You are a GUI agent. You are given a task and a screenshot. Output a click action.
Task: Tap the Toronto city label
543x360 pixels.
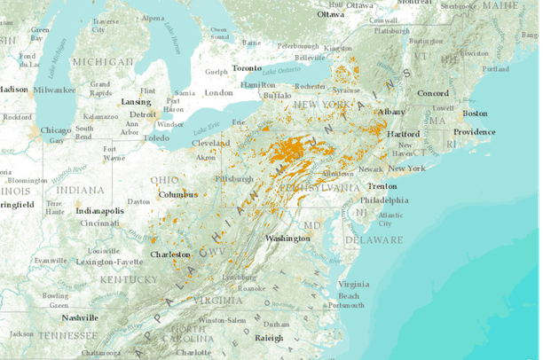tap(247, 68)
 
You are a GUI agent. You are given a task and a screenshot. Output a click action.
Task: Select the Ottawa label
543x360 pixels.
tap(330, 14)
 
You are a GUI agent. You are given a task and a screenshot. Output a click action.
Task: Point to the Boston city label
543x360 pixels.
tap(476, 113)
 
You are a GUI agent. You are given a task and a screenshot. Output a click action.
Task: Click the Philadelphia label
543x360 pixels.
tap(384, 200)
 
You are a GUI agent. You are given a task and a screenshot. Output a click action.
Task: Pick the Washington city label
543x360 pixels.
tap(287, 239)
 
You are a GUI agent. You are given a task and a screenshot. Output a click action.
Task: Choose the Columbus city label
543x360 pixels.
tap(177, 194)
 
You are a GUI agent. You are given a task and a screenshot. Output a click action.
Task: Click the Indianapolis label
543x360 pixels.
tap(100, 211)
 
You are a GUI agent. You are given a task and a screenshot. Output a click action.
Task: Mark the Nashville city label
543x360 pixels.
tap(80, 317)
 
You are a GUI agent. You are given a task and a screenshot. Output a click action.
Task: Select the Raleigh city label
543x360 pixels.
tap(269, 338)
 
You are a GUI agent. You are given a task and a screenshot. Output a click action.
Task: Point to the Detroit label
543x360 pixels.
tap(143, 114)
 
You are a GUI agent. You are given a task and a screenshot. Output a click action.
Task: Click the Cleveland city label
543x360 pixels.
tap(211, 143)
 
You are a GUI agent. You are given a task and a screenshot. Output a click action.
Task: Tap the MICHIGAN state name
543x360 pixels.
tap(103, 62)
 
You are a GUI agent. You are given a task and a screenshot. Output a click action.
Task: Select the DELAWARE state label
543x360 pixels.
tap(374, 239)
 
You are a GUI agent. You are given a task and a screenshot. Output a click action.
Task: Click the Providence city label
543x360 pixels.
tap(475, 132)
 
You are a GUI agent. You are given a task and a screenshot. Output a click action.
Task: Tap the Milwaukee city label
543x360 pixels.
tap(55, 90)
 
